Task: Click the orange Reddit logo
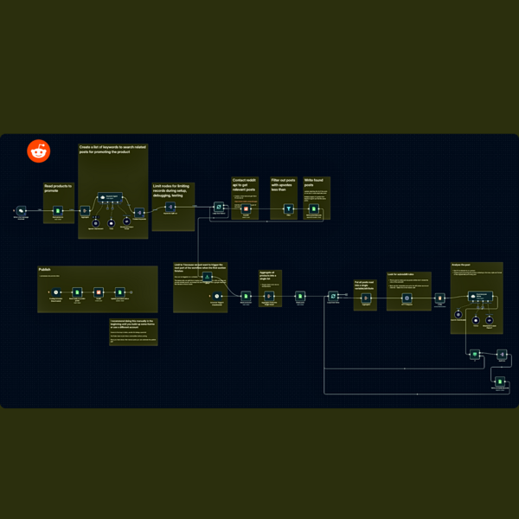point(38,151)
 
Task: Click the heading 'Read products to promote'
point(58,187)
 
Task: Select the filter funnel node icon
point(289,208)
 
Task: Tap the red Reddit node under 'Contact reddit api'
point(246,208)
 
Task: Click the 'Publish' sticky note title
point(45,270)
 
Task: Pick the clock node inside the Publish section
point(56,293)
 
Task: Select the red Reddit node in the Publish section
point(98,293)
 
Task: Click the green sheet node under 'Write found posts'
point(312,208)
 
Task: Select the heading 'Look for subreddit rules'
point(403,275)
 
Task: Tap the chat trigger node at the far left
point(22,210)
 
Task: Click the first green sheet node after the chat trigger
point(58,210)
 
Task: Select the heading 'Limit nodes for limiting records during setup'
point(173,190)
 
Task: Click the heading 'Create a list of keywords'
point(112,150)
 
